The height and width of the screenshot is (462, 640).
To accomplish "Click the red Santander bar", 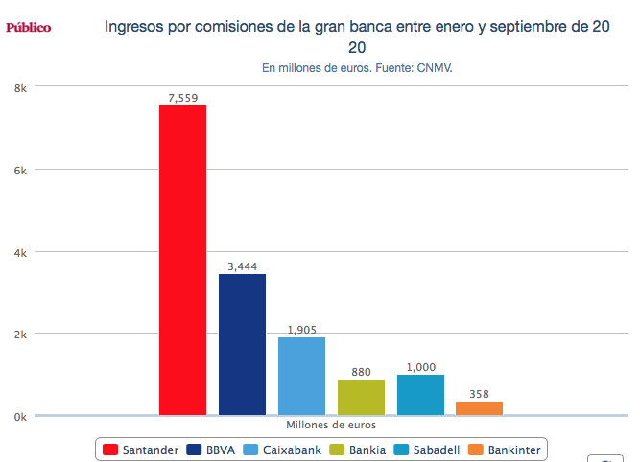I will click(182, 260).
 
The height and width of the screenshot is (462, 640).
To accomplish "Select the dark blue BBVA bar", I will click(242, 344).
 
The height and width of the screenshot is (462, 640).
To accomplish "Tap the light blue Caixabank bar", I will click(301, 376).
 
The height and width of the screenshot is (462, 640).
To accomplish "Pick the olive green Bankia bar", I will click(361, 397).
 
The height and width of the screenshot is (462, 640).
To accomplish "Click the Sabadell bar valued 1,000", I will click(420, 395).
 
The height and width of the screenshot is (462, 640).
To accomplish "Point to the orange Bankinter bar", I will click(479, 408).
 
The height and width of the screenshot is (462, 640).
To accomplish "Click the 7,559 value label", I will click(182, 97).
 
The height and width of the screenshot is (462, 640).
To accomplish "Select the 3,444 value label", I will click(242, 266).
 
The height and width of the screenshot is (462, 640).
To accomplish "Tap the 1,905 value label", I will click(301, 329).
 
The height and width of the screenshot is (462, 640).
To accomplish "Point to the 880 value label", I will click(361, 371).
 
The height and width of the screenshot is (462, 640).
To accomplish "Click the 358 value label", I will click(479, 393).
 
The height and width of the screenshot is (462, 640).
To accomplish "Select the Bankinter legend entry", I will click(505, 449).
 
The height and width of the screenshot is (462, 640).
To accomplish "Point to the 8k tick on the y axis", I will click(19, 87).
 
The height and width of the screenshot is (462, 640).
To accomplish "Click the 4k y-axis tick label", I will click(19, 252).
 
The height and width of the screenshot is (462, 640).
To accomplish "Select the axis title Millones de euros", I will click(331, 424).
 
